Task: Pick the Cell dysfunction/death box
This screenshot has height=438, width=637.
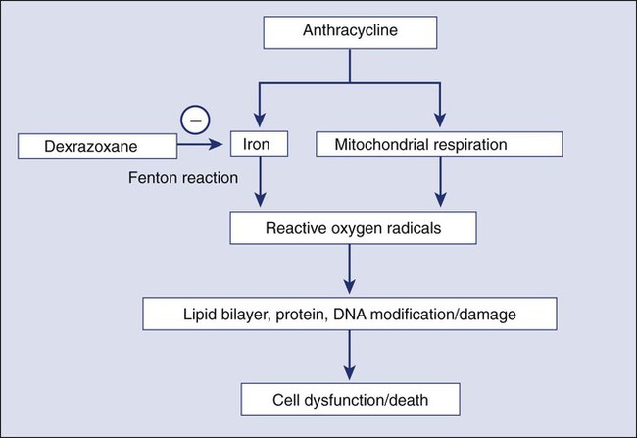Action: click(x=349, y=399)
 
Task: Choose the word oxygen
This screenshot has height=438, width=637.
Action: click(x=348, y=229)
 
